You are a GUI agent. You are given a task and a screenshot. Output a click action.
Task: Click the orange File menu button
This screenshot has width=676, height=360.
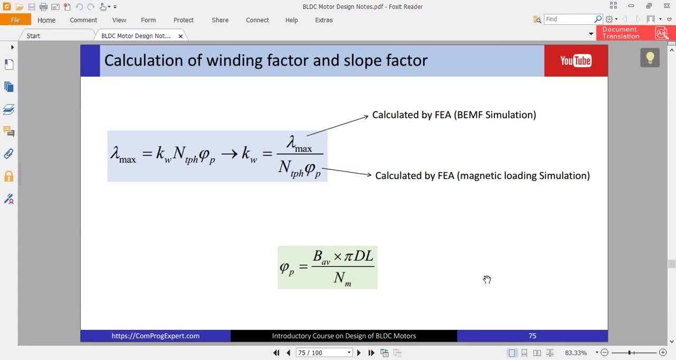(15, 20)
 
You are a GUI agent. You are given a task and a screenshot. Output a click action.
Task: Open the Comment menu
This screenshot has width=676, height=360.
(83, 20)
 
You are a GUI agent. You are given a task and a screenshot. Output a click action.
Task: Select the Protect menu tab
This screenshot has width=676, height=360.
(183, 20)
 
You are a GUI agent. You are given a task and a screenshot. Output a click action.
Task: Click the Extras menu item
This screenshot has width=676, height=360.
(324, 20)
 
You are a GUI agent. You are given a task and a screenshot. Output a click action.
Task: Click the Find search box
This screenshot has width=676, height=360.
(569, 20)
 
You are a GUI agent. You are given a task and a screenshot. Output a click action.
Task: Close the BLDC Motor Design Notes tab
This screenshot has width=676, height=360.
(181, 36)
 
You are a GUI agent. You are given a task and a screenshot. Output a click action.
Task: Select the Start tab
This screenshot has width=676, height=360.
(33, 36)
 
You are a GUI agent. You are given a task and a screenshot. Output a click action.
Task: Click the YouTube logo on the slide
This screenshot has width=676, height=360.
(576, 61)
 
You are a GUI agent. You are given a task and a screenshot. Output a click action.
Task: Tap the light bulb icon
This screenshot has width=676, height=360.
(650, 58)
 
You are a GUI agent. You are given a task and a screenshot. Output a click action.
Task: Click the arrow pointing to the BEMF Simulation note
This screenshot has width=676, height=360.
(337, 126)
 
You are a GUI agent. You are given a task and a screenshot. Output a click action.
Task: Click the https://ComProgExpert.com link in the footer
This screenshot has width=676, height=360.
(155, 336)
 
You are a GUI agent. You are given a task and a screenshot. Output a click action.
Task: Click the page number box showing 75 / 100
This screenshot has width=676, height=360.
(324, 353)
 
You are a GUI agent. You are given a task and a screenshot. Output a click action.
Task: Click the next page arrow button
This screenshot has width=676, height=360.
(359, 353)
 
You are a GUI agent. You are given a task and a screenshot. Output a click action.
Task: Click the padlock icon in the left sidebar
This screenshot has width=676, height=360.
(9, 176)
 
